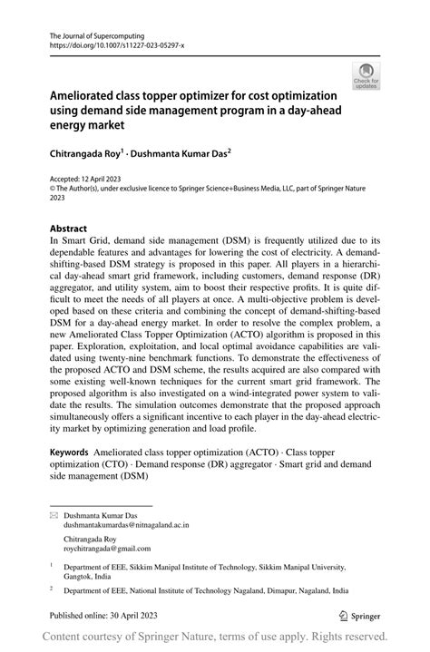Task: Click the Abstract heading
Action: pyautogui.click(x=69, y=229)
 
